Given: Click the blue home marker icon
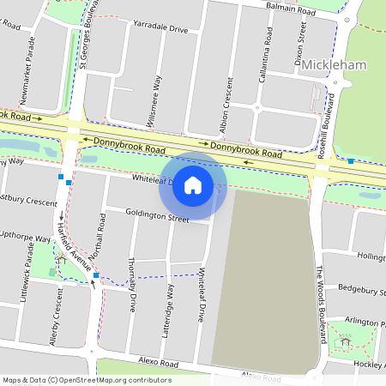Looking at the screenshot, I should pyautogui.click(x=193, y=184).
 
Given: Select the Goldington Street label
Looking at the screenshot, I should pyautogui.click(x=156, y=218).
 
